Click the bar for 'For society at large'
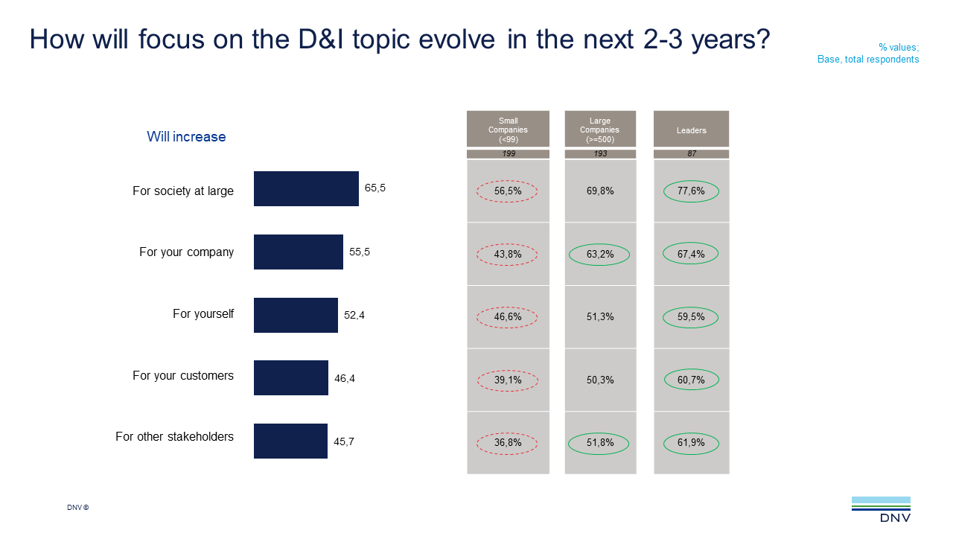[x=306, y=188]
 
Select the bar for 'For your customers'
[x=291, y=377]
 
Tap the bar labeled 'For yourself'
[x=296, y=315]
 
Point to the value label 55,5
[x=360, y=252]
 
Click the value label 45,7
[x=344, y=441]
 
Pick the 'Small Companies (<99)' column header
[x=508, y=130]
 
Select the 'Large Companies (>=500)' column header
[x=600, y=130]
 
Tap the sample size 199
[x=508, y=154]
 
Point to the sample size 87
[x=691, y=154]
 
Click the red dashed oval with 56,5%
[x=507, y=191]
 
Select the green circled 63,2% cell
[x=599, y=255]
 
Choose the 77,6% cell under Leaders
[x=691, y=191]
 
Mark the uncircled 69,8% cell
[x=600, y=191]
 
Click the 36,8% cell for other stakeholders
[x=507, y=443]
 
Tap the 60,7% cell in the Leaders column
[x=691, y=380]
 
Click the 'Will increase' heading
[x=186, y=137]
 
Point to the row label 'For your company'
[x=186, y=252]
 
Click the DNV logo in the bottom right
[x=881, y=510]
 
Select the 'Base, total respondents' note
[x=868, y=60]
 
